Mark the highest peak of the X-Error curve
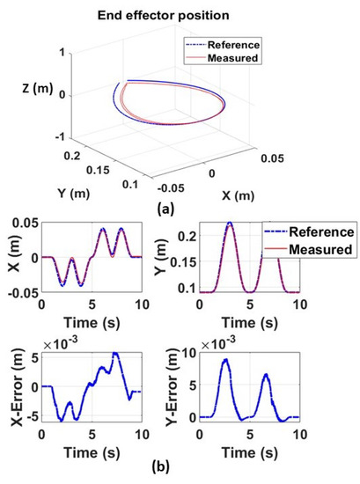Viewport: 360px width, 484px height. (x=114, y=353)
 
